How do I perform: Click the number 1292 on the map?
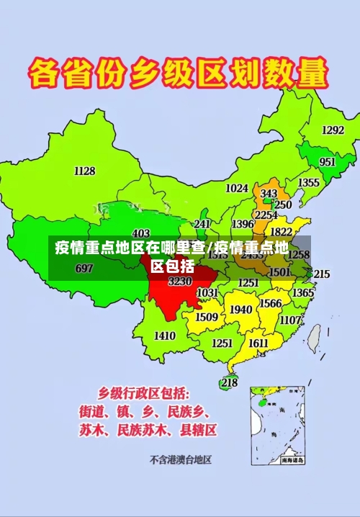pos(333,130)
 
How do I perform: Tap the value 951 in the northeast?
pos(327,162)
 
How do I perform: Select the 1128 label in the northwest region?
pos(84,171)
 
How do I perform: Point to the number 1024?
pos(237,189)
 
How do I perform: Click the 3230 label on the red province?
pos(180,282)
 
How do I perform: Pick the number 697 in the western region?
pos(84,269)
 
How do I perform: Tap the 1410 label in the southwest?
pos(165,336)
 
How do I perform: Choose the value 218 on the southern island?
pos(230,382)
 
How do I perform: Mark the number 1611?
pos(258,343)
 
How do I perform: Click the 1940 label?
pos(240,310)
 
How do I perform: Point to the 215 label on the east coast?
pos(321,274)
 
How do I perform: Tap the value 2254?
pos(266,215)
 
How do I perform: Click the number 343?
pos(269,194)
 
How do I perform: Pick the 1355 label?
pos(309,183)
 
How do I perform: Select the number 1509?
pos(207,317)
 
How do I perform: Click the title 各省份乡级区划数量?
pos(179,74)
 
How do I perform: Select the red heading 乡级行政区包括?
pos(144,394)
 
